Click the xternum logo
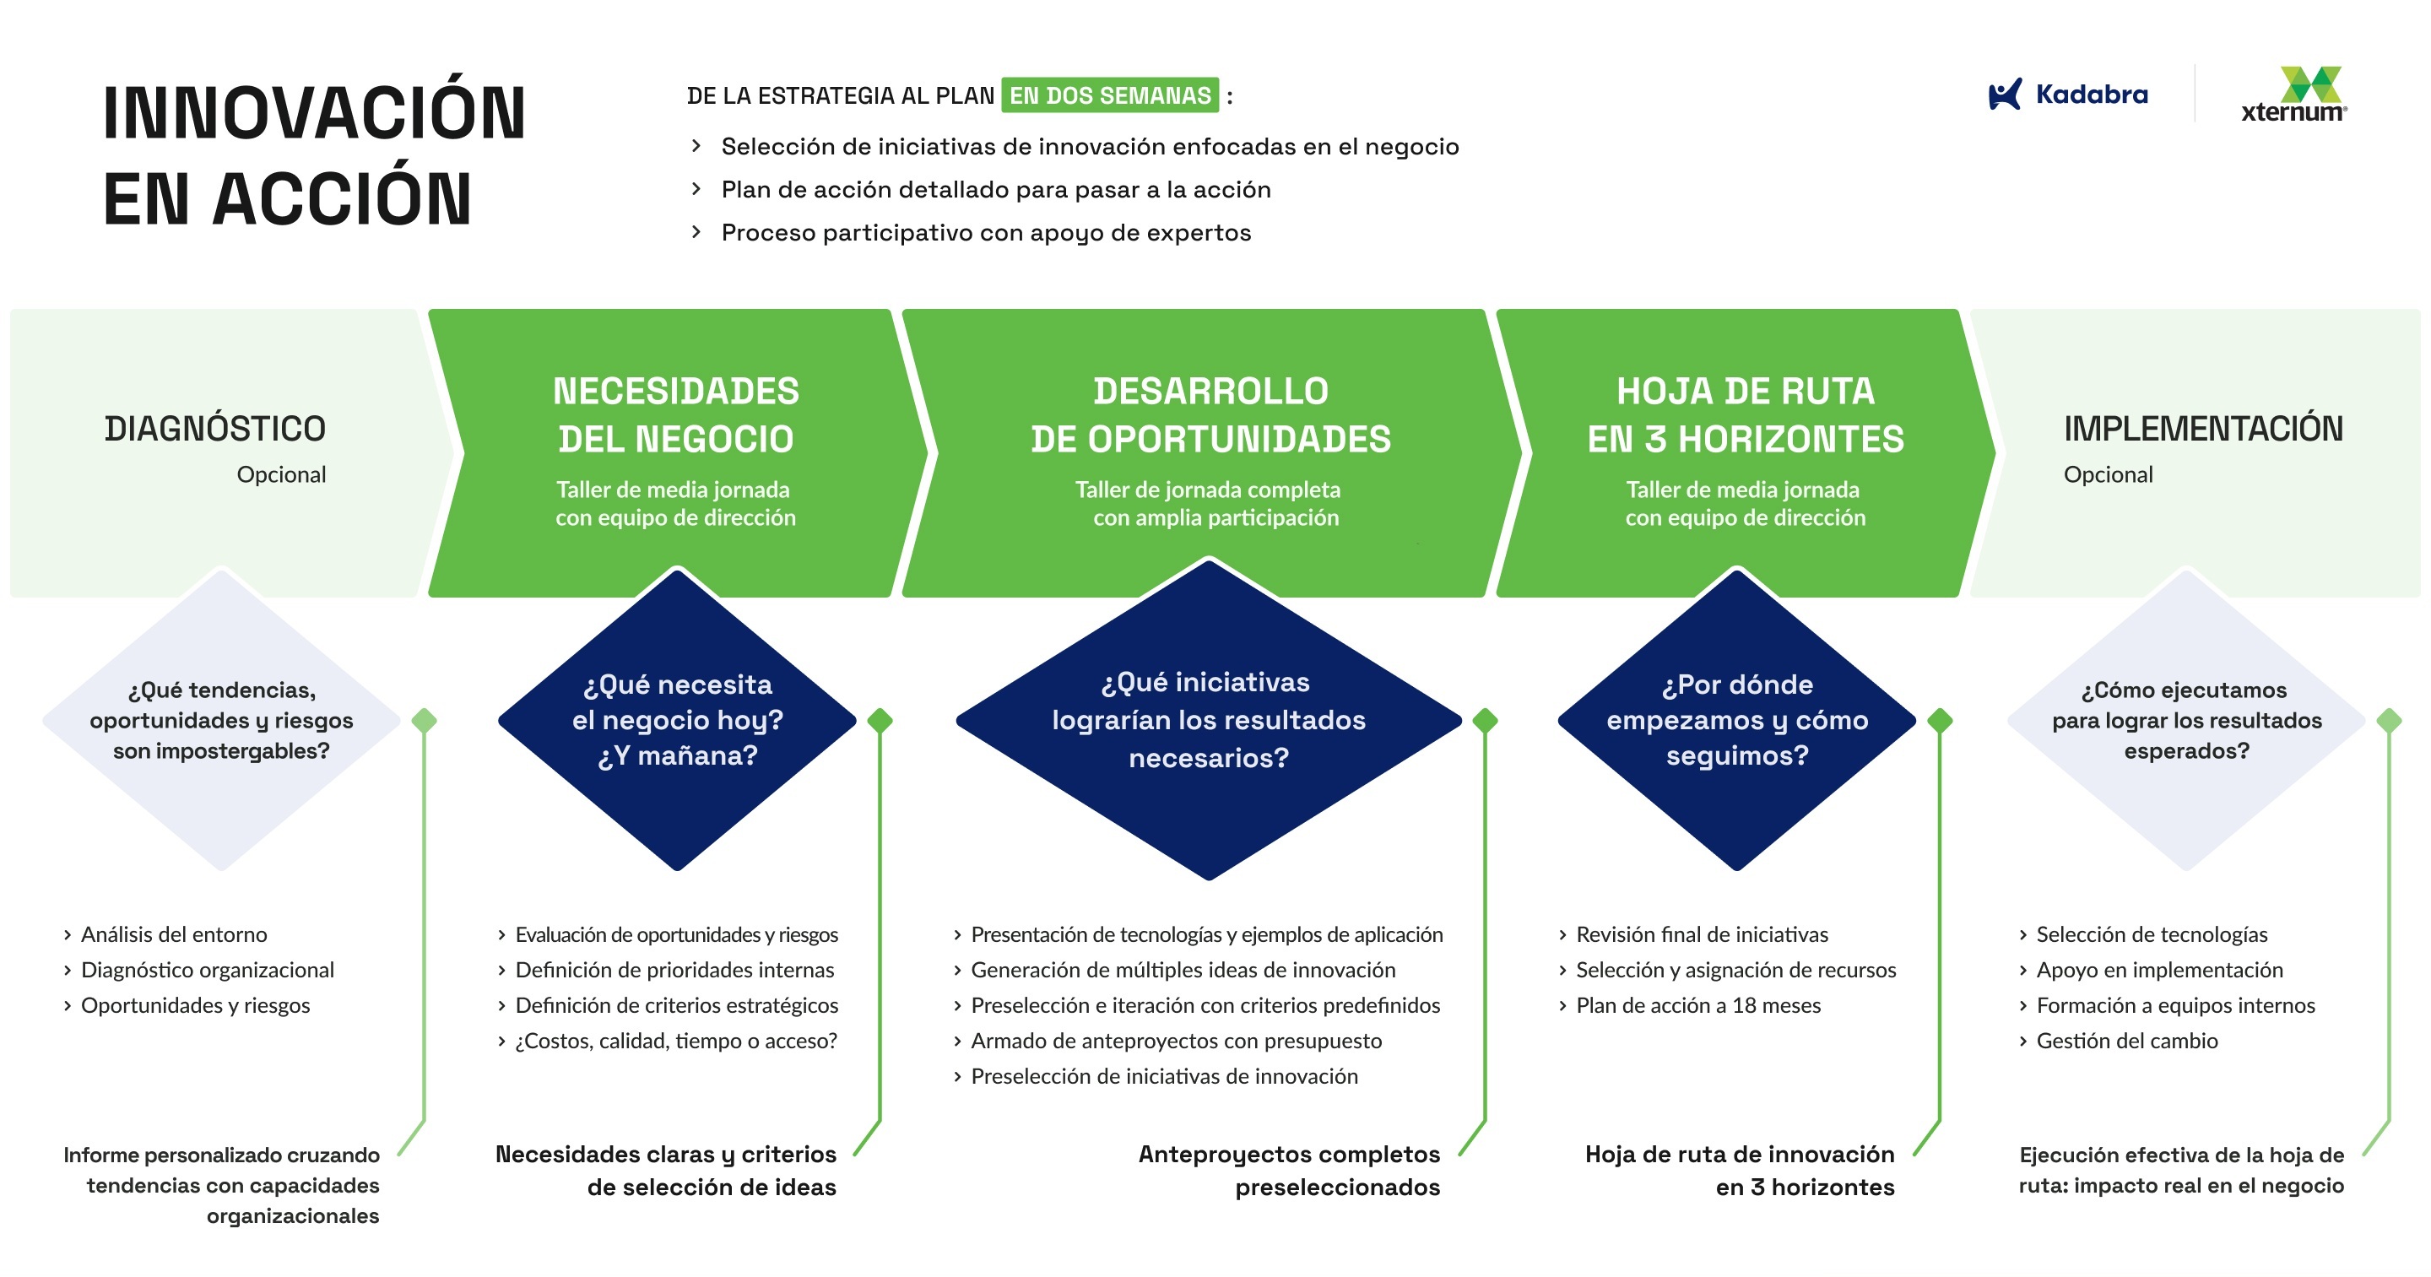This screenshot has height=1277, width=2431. pos(2294,95)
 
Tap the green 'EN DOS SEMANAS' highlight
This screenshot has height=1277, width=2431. pos(1110,95)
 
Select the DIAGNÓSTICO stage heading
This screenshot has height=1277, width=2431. pos(215,429)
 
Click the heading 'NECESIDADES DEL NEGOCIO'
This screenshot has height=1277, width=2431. pos(675,415)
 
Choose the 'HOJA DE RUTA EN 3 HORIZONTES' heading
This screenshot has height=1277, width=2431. pos(1745,415)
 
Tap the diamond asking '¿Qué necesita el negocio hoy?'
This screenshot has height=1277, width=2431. pos(678,719)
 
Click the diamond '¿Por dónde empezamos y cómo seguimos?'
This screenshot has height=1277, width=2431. pos(1736,719)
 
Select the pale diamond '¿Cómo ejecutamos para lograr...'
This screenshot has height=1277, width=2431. pos(2186,719)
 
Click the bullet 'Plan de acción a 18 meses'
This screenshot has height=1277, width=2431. pos(1697,1005)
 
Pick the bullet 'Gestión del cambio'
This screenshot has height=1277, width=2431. pos(2127,1041)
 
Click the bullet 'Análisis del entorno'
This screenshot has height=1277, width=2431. pos(174,934)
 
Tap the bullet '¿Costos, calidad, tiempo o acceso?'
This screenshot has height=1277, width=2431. pos(675,1041)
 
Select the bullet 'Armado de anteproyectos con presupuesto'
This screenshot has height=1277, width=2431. pos(1176,1041)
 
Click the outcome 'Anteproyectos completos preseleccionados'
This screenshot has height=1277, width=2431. pos(1289,1171)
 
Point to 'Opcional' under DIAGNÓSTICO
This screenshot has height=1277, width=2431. pos(281,474)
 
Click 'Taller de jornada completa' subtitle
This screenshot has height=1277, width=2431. pos(1208,490)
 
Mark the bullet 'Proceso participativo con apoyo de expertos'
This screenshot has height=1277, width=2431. pos(986,233)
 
